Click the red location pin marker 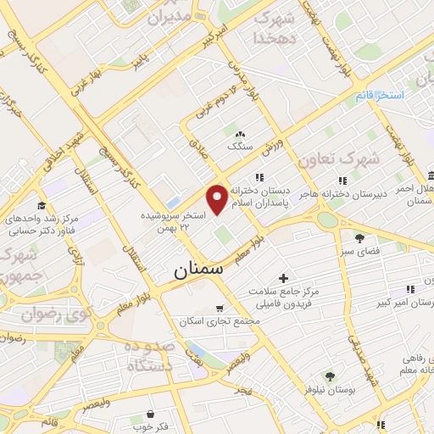tap(218, 198)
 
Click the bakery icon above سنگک tap(240, 133)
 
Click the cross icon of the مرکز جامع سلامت tap(283, 278)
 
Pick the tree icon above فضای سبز tap(359, 237)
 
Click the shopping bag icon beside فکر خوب tap(150, 415)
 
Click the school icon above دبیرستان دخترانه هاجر tap(342, 180)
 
